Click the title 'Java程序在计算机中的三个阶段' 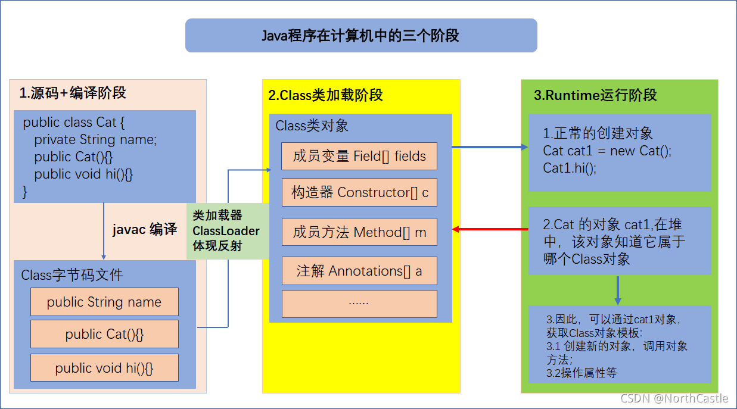361,36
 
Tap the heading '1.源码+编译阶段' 73,93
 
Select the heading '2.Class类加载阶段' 325,95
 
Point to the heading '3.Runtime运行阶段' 595,95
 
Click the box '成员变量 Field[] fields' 359,157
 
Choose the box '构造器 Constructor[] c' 359,192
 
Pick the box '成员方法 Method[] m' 359,232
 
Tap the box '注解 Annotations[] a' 359,271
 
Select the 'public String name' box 104,302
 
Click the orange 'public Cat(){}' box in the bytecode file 104,335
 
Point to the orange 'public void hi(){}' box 104,368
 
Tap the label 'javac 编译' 145,230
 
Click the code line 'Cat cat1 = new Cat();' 607,151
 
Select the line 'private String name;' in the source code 95,140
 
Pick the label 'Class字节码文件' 72,275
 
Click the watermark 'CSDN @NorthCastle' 674,398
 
